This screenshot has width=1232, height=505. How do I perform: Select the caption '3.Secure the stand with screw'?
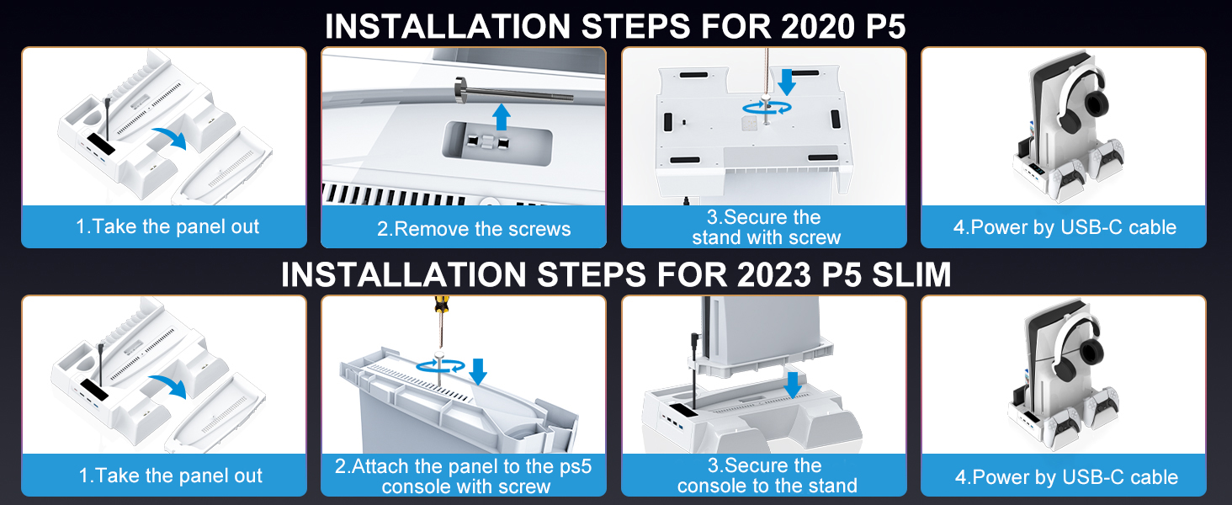click(766, 227)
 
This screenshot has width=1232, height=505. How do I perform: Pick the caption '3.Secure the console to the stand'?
click(767, 476)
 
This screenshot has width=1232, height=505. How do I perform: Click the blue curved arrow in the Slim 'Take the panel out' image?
click(172, 386)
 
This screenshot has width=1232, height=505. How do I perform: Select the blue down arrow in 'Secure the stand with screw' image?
click(787, 82)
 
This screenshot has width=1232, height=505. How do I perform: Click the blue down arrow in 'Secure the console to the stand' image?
click(791, 385)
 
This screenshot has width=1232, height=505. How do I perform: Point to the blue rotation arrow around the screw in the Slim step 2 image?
click(442, 364)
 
